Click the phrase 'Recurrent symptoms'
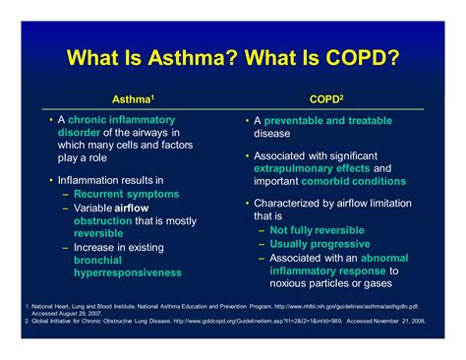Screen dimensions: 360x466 point(129,195)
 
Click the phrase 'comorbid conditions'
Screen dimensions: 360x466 point(358,181)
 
